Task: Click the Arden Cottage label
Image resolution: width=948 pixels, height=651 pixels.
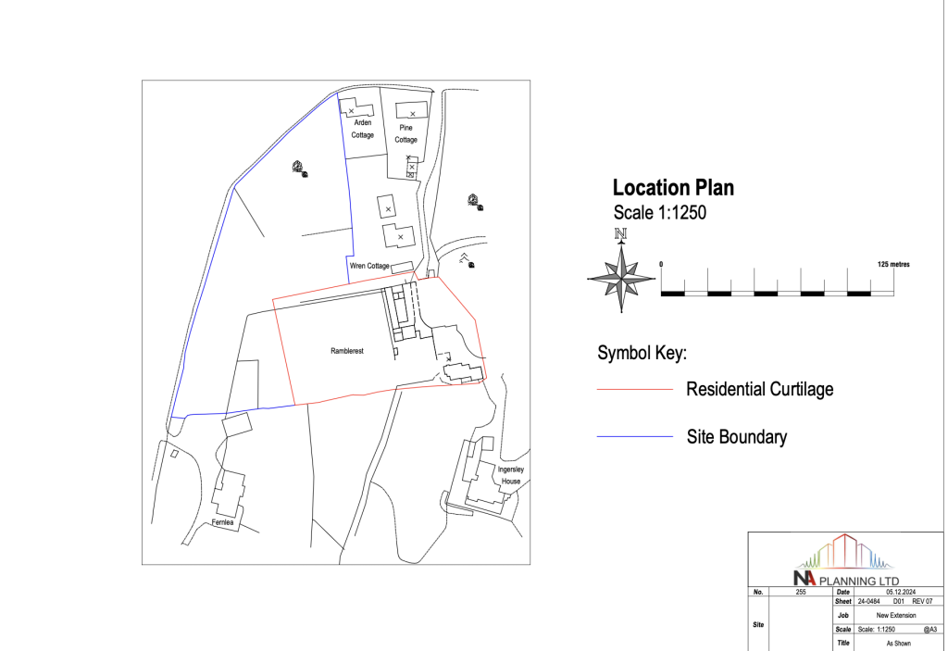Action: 362,129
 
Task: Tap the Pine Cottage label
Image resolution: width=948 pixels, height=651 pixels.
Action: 406,133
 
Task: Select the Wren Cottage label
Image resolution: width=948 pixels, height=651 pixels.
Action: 369,266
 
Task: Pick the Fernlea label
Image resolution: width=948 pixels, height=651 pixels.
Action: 224,522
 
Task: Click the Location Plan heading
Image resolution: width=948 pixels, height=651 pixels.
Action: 674,188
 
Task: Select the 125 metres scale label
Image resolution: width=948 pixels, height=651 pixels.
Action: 892,264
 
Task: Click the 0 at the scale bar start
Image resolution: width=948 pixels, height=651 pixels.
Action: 661,264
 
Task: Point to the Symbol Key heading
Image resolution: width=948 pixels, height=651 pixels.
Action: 641,354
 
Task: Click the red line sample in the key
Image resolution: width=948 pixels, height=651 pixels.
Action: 635,390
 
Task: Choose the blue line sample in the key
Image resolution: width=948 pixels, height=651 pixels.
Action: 635,436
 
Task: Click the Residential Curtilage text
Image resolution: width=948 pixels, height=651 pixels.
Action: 759,389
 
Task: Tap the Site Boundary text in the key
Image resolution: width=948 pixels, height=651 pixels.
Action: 736,436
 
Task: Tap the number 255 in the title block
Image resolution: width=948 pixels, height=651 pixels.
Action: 801,591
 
